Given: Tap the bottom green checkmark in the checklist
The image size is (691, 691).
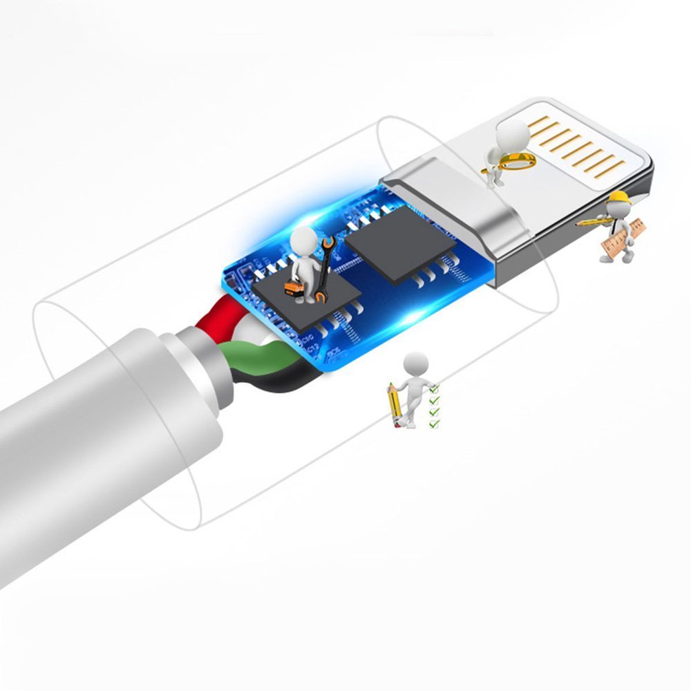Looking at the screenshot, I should [434, 423].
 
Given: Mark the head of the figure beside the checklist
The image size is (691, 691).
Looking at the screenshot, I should [415, 362].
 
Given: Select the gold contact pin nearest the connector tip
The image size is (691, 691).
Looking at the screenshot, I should [610, 168].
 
